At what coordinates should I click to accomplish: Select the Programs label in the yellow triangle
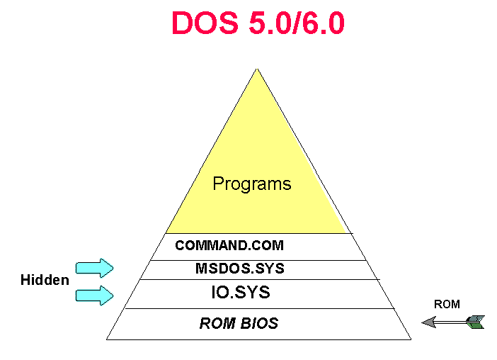252,184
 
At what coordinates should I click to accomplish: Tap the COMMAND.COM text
229,246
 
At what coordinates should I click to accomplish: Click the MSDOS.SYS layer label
239,269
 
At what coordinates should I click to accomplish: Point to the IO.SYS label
241,291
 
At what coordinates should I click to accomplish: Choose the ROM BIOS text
239,324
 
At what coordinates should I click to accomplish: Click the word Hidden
45,280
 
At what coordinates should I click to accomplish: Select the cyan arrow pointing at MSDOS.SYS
95,267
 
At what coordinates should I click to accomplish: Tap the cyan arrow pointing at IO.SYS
95,294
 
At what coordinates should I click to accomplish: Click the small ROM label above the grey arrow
447,305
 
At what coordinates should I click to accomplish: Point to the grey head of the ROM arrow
429,322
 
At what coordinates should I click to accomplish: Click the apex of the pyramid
257,69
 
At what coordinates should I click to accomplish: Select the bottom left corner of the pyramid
107,339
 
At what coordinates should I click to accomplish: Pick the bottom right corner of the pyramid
411,339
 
